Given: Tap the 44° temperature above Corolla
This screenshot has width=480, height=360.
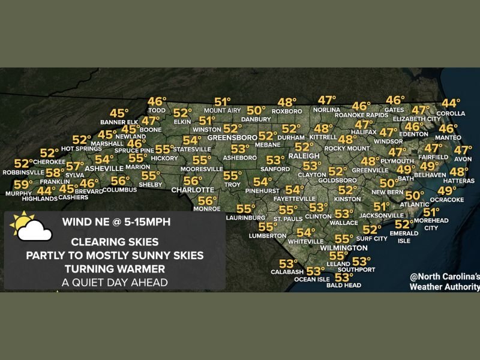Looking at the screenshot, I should [451, 103].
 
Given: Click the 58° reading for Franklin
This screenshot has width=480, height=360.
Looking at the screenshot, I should [55, 173].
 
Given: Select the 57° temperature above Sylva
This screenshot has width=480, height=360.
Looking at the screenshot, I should [74, 166].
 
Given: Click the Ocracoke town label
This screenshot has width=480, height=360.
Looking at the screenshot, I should [447, 200].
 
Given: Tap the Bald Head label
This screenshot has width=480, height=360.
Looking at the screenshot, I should [343, 286].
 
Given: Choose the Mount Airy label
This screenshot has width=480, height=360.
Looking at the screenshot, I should [222, 111].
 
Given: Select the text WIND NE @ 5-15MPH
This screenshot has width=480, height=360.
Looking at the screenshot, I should [116, 222].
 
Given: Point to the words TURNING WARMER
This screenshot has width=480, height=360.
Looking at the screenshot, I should [114, 268].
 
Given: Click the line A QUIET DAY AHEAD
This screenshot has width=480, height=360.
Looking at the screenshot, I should [114, 281].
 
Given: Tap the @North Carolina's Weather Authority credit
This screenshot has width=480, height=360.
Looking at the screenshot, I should [444, 282].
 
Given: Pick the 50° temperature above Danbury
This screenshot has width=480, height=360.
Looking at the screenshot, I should [256, 110].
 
